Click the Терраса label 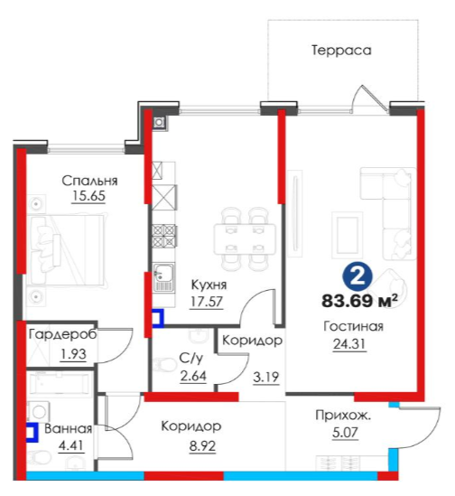click(341, 51)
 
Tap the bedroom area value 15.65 click(88, 196)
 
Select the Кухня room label click(209, 285)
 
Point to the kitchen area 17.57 click(207, 302)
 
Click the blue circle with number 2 click(357, 277)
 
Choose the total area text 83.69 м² click(359, 301)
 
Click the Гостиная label click(353, 326)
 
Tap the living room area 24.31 click(349, 344)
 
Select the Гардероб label click(62, 334)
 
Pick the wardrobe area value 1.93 click(73, 354)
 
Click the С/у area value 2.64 click(193, 376)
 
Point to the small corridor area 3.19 click(266, 378)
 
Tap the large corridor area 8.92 click(202, 446)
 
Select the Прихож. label click(343, 416)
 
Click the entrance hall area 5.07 click(345, 433)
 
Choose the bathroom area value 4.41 click(71, 445)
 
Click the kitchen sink click(163, 277)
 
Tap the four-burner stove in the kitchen click(163, 235)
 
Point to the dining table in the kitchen click(245, 239)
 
